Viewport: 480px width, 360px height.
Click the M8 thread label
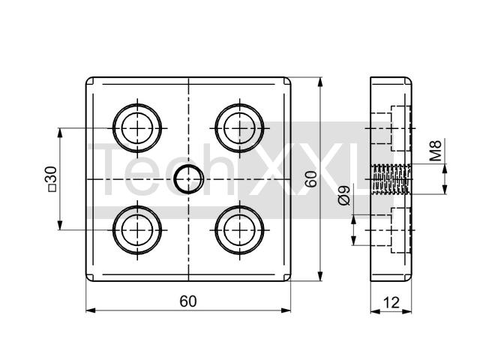(435, 150)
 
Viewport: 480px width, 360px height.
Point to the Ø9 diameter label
(344, 196)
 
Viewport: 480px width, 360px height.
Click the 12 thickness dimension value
(391, 302)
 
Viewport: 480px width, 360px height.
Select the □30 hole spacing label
(52, 179)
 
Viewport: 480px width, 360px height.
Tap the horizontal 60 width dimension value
(188, 301)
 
